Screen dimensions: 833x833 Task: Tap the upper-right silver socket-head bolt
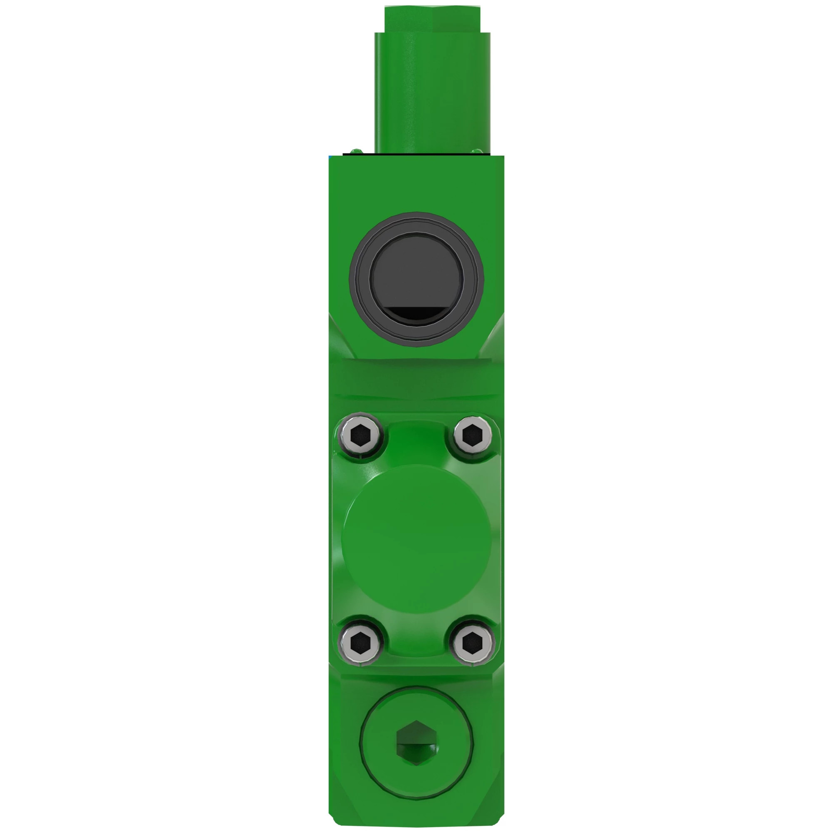473,436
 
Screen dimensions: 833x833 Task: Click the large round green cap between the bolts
416,539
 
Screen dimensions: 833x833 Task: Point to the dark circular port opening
416,272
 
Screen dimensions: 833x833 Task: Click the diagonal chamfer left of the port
341,336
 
